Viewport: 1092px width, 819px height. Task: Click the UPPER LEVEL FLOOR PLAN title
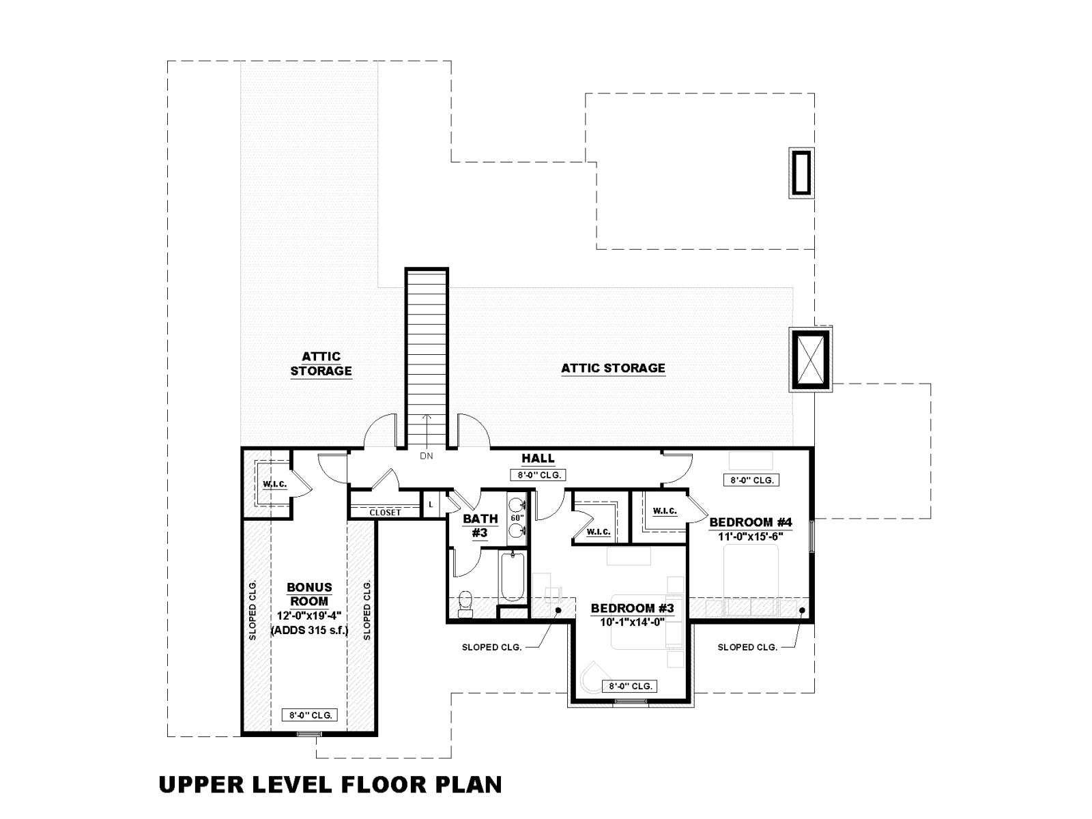click(330, 784)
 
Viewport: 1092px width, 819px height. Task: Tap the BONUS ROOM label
click(309, 594)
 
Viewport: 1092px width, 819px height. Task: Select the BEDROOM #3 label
click(632, 608)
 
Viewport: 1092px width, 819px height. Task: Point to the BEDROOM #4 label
click(750, 522)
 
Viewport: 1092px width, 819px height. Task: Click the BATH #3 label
click(480, 526)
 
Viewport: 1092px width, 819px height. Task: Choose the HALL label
click(538, 458)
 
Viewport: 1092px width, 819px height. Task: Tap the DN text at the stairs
click(427, 455)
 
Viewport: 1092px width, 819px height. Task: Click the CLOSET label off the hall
click(385, 512)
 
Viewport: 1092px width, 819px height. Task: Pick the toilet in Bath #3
click(465, 603)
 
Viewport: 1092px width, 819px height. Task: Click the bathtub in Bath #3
click(513, 577)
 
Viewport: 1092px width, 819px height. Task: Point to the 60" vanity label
click(517, 517)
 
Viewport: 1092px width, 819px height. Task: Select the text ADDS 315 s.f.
click(309, 631)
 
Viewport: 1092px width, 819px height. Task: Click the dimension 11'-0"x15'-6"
click(750, 536)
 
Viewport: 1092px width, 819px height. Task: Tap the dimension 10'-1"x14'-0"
click(632, 622)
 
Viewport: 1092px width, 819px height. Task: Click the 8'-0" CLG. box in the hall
click(538, 475)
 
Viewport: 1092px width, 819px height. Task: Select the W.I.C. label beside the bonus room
click(275, 484)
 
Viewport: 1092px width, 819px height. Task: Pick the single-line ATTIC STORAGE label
click(613, 368)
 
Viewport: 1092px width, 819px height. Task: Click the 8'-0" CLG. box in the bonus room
click(309, 715)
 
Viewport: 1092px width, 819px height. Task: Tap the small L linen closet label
click(431, 505)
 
